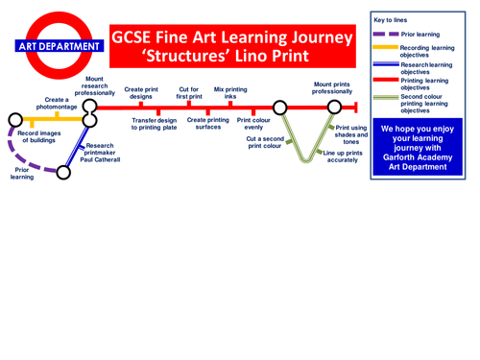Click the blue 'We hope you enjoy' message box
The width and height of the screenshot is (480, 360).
(x=420, y=147)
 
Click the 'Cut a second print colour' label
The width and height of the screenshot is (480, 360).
(x=258, y=143)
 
